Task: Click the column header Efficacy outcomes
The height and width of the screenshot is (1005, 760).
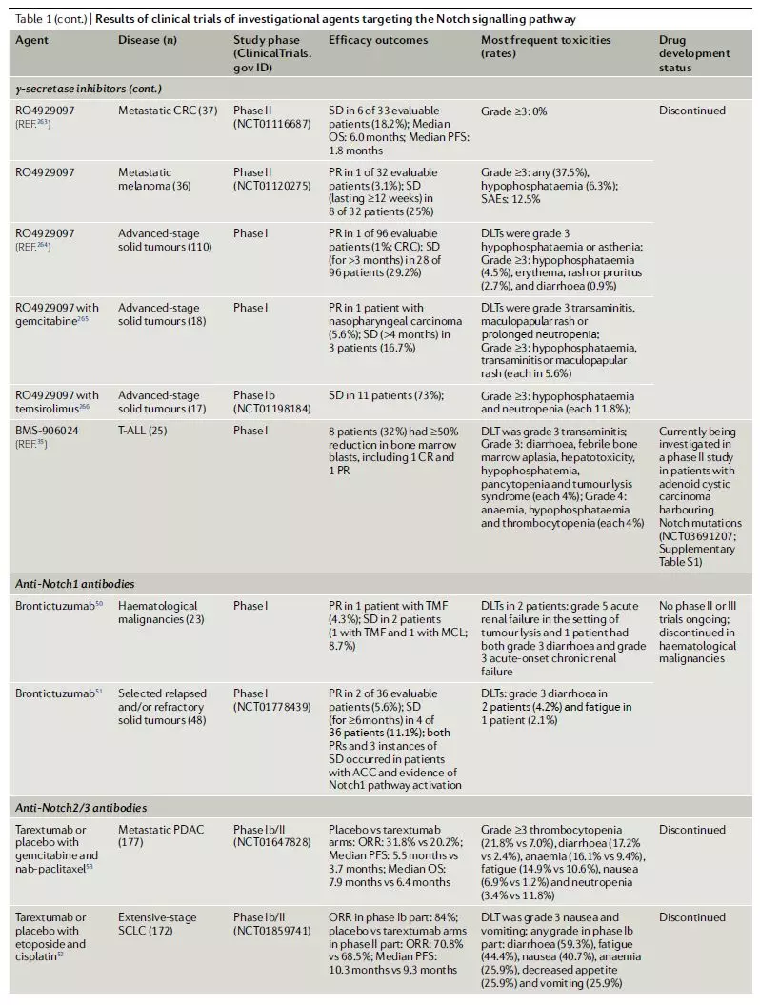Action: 378,41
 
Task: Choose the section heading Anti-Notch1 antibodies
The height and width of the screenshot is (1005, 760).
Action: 72,584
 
